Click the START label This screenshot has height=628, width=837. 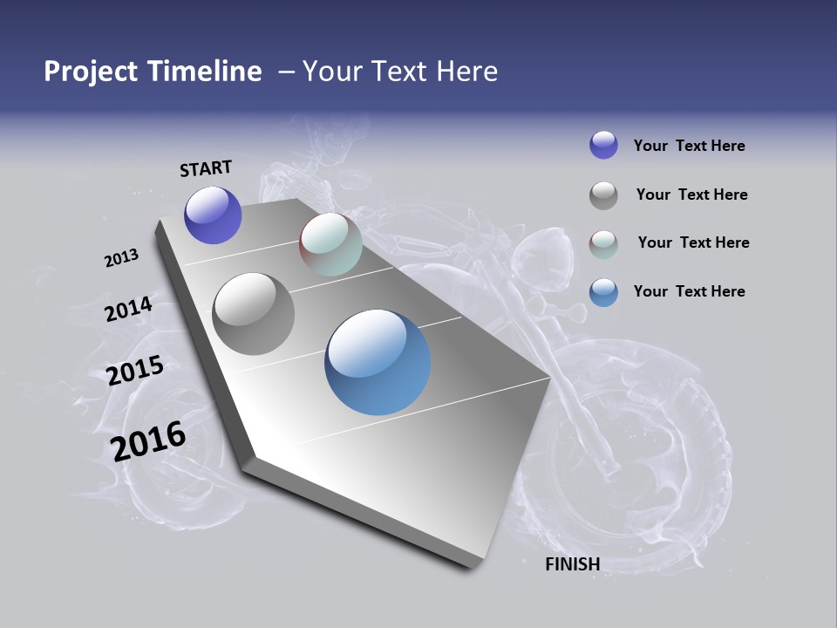coord(206,168)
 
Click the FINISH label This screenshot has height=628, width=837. coord(573,564)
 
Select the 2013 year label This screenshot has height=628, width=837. coord(121,258)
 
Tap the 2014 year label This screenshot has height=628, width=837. coord(128,310)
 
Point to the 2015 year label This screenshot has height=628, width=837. coord(135,371)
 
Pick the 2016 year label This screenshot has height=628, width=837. coord(148,441)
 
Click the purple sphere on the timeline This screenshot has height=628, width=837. coord(213,215)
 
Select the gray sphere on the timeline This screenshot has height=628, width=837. coord(254,314)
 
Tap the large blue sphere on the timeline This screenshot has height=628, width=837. coord(378,362)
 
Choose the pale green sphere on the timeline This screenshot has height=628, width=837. coord(330,244)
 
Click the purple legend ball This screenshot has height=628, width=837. coord(603,145)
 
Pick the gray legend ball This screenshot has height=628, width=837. coord(603,195)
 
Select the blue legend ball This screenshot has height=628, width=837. coord(603,292)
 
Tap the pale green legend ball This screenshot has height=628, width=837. coord(603,244)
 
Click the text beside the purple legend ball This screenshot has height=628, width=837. coord(689,146)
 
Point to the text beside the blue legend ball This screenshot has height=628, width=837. coord(689,291)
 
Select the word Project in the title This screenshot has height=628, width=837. coord(91,72)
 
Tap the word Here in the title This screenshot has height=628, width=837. coord(466,72)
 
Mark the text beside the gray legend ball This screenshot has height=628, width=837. coord(691,195)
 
